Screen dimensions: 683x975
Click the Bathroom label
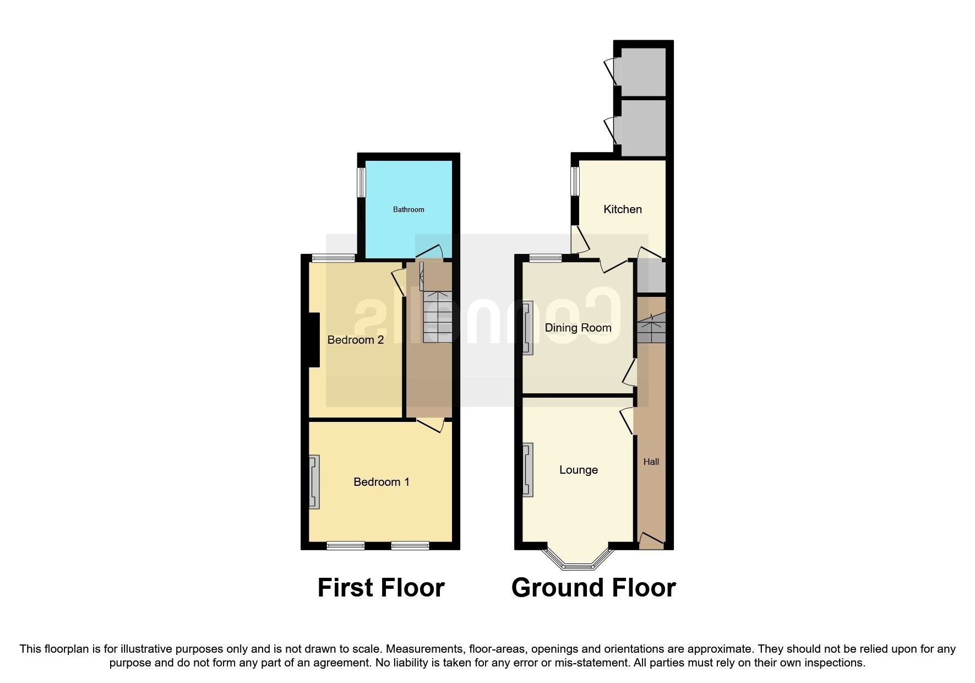point(408,209)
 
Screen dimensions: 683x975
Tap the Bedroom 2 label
point(355,340)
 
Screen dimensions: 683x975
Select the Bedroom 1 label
point(381,482)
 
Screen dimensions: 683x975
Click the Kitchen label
point(623,209)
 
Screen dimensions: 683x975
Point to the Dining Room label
point(578,328)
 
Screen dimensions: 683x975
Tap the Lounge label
point(578,470)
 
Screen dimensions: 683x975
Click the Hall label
point(651,462)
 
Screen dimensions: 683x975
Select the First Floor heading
point(381,588)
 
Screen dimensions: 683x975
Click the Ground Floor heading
point(593,588)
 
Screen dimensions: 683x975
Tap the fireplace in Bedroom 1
point(314,481)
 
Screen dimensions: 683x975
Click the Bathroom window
point(361,182)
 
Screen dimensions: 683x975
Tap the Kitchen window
point(575,181)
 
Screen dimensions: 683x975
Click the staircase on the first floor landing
point(437,317)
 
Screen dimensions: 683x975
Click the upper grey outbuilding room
point(643,72)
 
